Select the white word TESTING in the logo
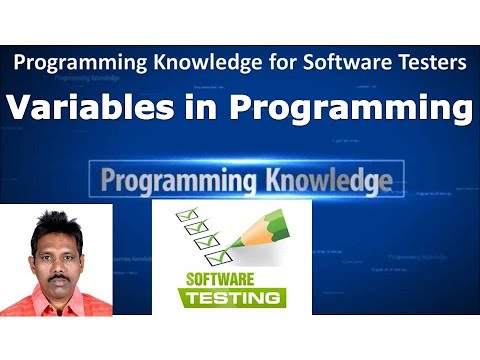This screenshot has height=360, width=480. point(231,298)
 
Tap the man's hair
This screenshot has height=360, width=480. point(54,221)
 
